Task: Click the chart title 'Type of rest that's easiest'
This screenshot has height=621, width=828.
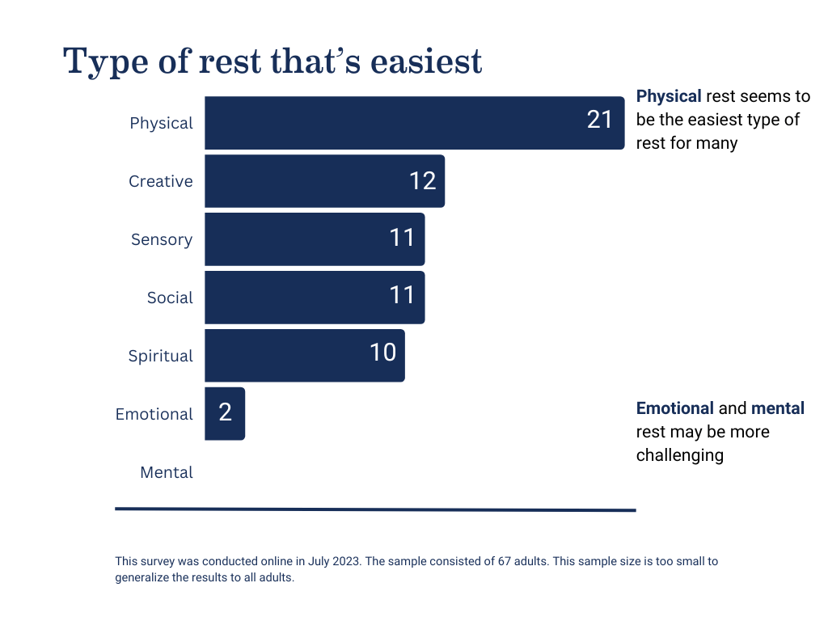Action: click(272, 61)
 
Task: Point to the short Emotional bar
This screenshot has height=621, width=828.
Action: click(225, 414)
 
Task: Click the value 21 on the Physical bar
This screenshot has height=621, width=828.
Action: click(600, 120)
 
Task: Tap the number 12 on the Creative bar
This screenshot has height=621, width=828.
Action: click(422, 180)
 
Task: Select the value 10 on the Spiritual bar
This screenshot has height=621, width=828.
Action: click(382, 353)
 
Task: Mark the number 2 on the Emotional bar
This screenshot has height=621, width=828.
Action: click(225, 413)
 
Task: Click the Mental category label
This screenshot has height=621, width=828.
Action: click(167, 472)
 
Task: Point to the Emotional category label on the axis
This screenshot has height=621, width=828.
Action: click(154, 414)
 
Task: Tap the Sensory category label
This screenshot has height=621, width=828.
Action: click(162, 239)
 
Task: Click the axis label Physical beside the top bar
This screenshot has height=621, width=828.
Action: click(161, 123)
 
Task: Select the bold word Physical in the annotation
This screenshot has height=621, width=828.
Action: click(669, 96)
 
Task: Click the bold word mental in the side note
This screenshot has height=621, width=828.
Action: click(777, 408)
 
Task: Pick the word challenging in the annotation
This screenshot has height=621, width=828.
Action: click(679, 455)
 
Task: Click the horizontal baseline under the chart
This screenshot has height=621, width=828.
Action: click(375, 509)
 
